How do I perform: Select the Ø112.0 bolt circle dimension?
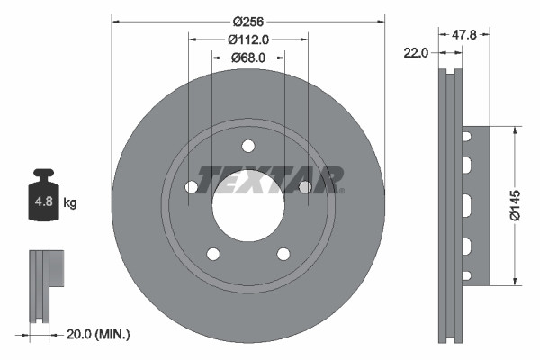click(248, 40)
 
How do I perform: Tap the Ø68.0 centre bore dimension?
click(248, 58)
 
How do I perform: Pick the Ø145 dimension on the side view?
click(515, 205)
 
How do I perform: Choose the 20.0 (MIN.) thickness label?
click(99, 334)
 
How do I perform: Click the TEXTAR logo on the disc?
click(270, 178)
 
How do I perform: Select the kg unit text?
click(70, 203)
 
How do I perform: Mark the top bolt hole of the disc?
click(248, 147)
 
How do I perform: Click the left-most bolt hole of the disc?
click(192, 187)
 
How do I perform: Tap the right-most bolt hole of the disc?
click(305, 187)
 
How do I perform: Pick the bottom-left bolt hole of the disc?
click(213, 254)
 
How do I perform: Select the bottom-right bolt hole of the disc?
click(283, 254)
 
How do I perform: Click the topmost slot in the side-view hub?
click(467, 137)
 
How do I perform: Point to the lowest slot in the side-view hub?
click(467, 274)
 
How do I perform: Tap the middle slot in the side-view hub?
click(467, 205)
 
